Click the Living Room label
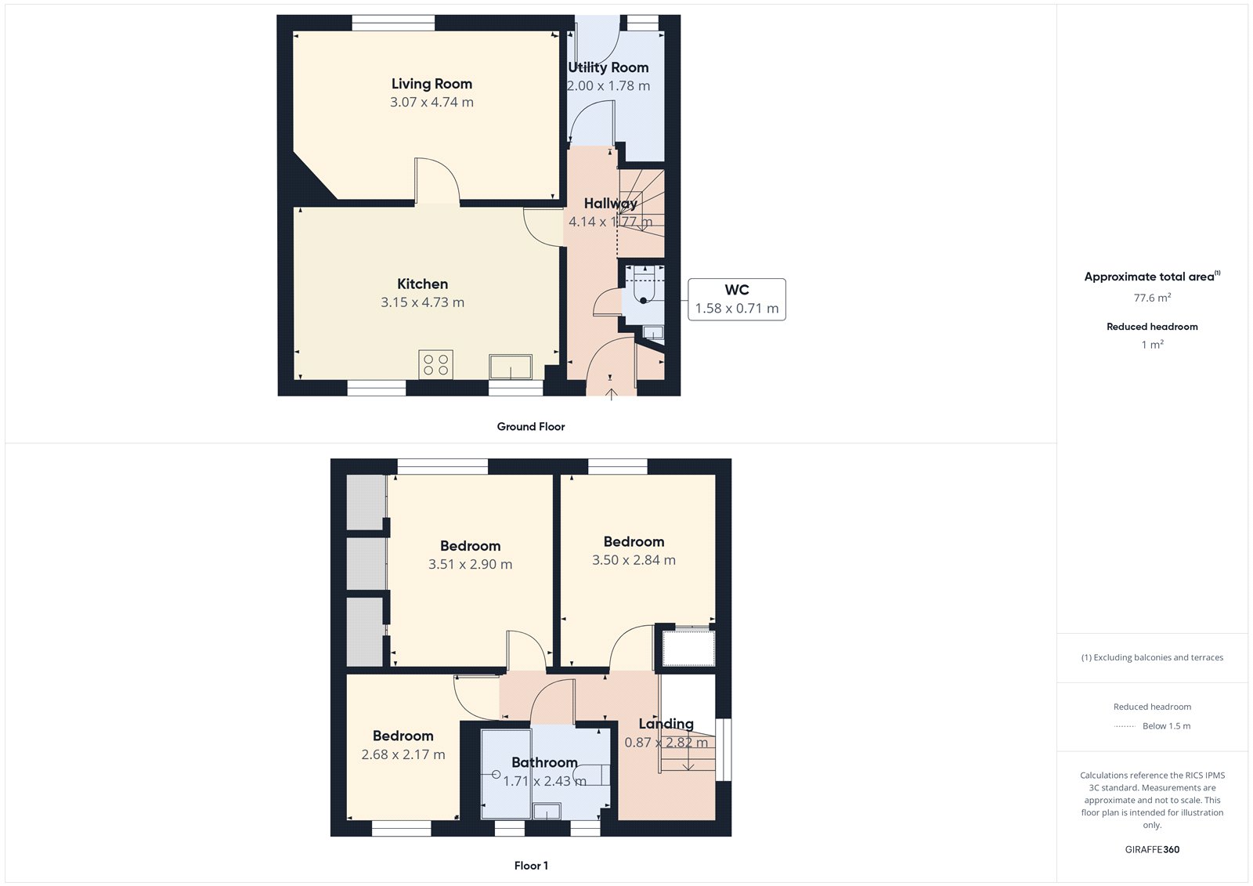click(432, 84)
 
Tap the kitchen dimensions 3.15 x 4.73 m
click(422, 302)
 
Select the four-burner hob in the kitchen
click(435, 365)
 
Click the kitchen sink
click(510, 367)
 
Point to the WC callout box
click(737, 299)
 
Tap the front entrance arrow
click(612, 394)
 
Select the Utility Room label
click(608, 67)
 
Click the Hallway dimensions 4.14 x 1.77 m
click(610, 222)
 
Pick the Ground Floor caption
click(531, 426)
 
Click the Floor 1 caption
click(531, 866)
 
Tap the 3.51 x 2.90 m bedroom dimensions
click(470, 564)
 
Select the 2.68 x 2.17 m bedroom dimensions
click(403, 754)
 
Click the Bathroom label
click(544, 762)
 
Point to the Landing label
click(666, 724)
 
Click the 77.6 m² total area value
click(1152, 297)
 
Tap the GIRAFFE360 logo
click(1152, 849)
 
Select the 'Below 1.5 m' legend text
click(1166, 726)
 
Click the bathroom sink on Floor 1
click(547, 811)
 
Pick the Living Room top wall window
click(393, 23)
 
